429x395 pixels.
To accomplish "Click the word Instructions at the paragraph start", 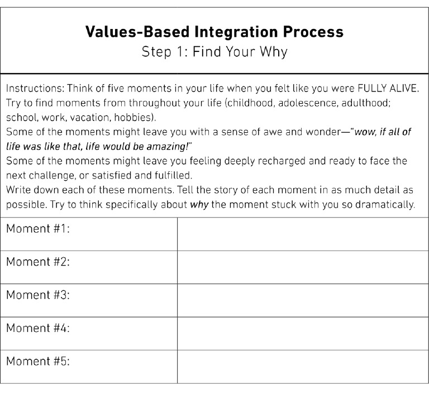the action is click(x=30, y=89).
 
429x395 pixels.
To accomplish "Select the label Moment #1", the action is click(x=37, y=229).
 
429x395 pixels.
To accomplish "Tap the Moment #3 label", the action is click(x=37, y=295).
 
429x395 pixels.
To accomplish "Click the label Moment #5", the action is click(x=37, y=362).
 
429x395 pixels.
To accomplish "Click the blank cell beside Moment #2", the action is click(x=303, y=267).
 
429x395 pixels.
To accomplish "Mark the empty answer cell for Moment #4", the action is click(x=303, y=334).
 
